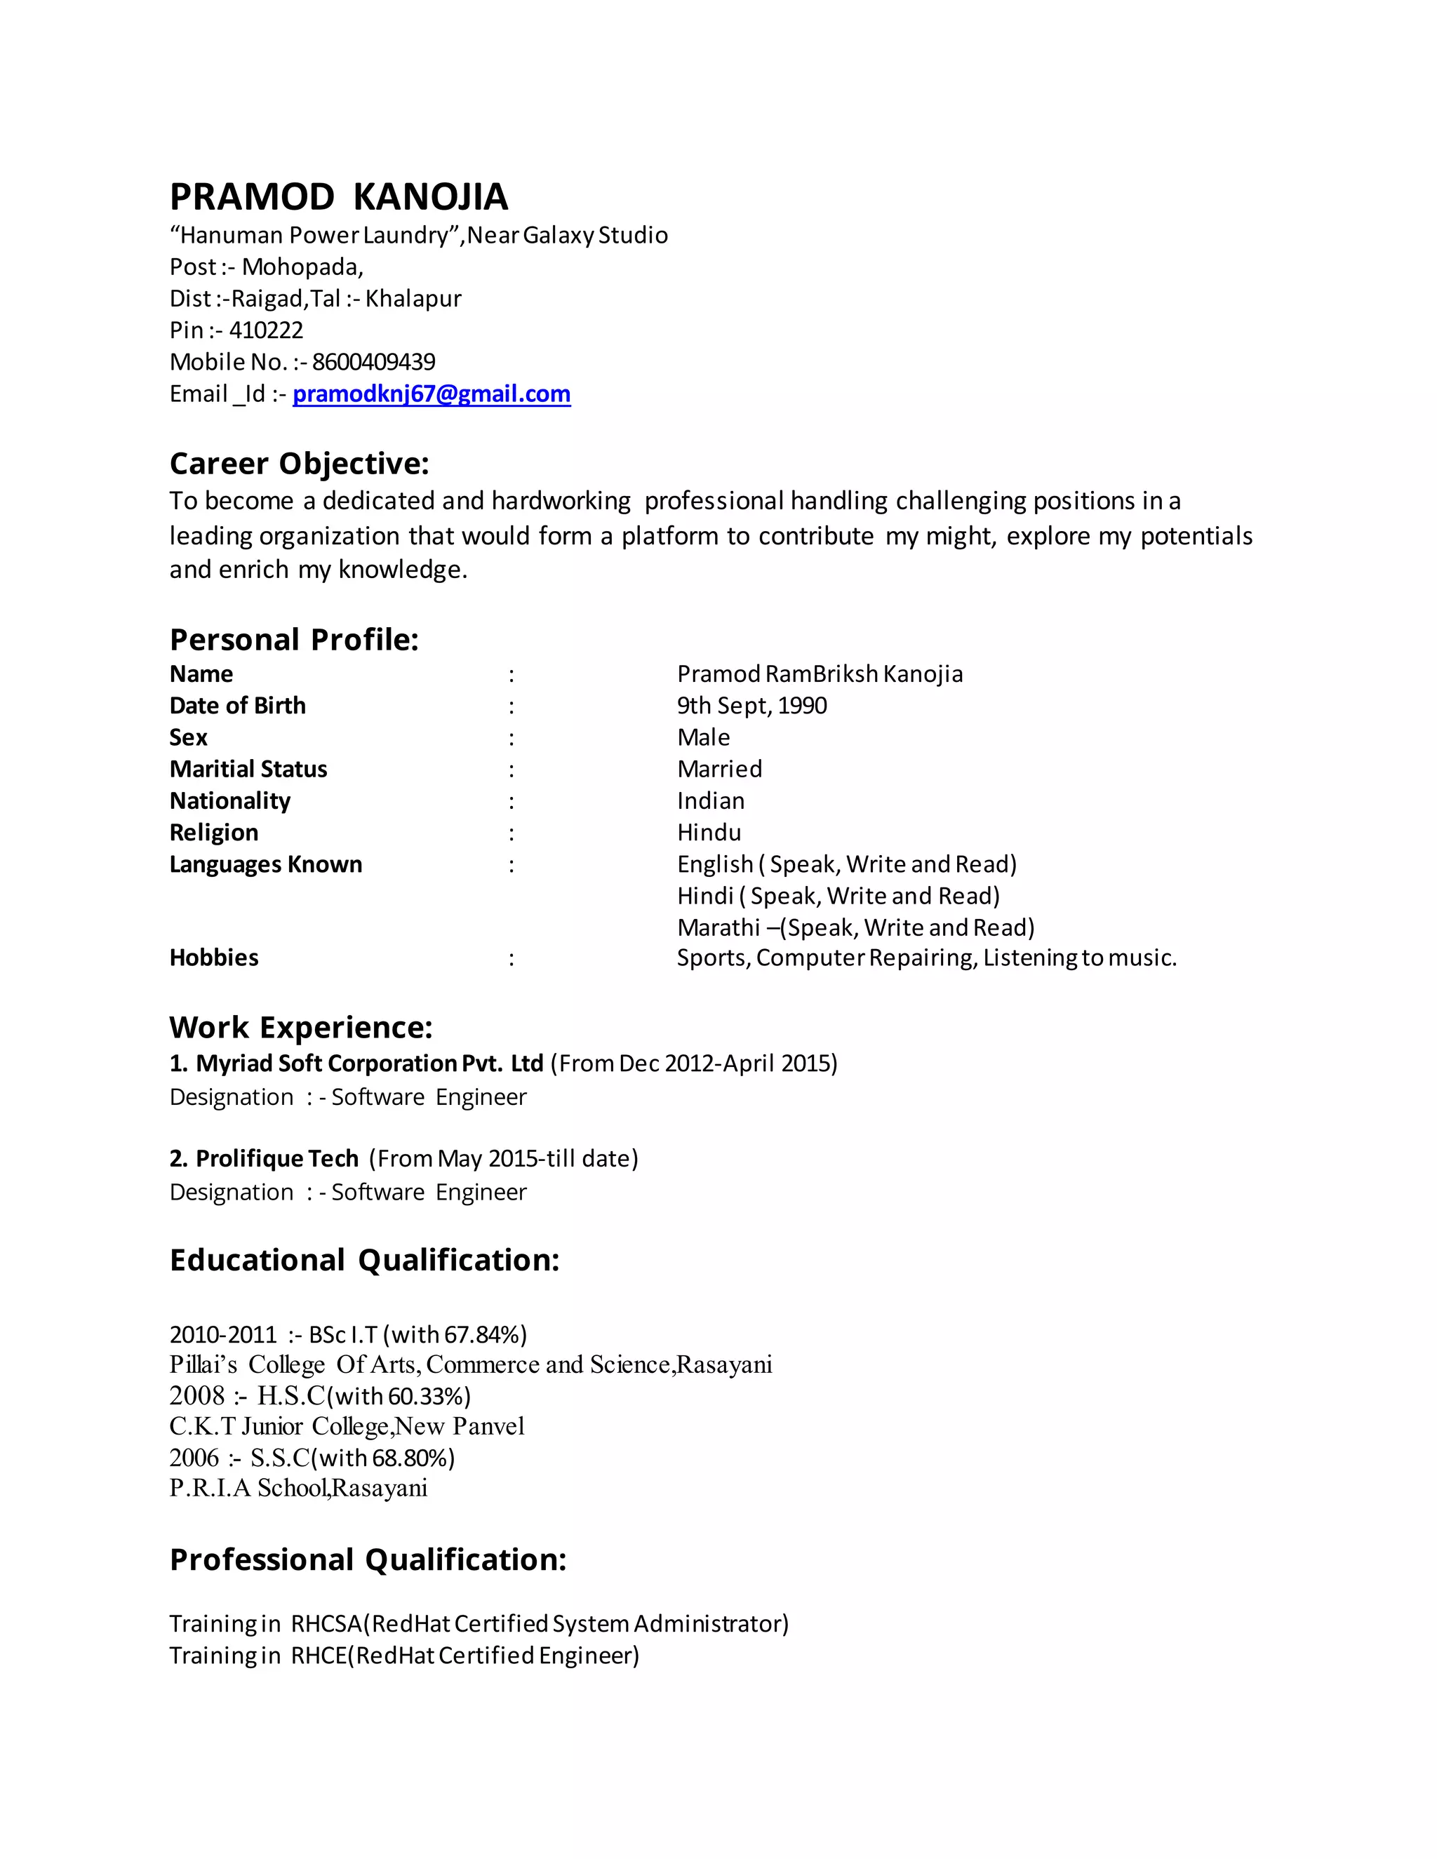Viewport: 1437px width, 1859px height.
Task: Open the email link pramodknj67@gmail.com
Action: point(432,394)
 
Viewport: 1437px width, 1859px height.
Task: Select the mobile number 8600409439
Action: point(374,363)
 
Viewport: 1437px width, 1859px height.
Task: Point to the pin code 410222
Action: point(266,330)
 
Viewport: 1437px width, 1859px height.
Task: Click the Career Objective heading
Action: point(300,464)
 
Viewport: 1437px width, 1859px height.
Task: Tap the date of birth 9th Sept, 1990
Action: point(751,706)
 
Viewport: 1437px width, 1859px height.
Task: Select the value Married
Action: point(719,770)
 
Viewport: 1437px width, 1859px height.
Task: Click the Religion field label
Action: point(214,833)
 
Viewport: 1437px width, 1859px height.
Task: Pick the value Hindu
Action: point(709,833)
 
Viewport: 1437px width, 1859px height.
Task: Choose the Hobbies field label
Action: point(214,958)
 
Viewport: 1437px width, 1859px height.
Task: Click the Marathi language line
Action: point(855,928)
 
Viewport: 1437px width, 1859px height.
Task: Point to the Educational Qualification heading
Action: point(364,1261)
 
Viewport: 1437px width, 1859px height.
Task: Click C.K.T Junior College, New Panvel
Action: point(347,1428)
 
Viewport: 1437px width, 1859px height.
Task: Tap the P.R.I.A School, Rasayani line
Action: point(298,1489)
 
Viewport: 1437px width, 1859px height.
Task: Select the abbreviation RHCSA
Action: point(327,1624)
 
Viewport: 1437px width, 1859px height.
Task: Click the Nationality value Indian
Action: point(711,801)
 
